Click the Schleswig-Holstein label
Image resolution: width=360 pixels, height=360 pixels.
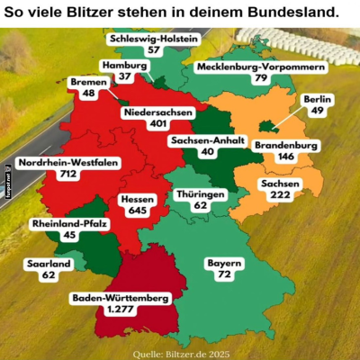coord(141,45)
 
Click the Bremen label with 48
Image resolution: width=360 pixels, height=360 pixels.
coord(88,87)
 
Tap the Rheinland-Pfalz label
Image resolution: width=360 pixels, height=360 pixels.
coord(68,229)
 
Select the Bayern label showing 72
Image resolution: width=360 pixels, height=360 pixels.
coord(224,268)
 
